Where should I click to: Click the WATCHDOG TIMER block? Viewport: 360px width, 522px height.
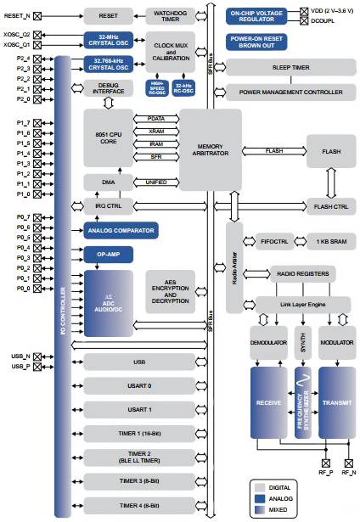pos(171,15)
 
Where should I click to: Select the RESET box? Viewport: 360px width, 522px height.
pos(109,15)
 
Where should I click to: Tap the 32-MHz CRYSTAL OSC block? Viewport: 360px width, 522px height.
pos(108,40)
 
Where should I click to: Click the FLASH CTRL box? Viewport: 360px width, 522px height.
pos(330,206)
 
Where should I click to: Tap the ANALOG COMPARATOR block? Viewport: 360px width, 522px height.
pos(120,230)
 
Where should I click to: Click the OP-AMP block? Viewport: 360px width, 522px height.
pos(108,254)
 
